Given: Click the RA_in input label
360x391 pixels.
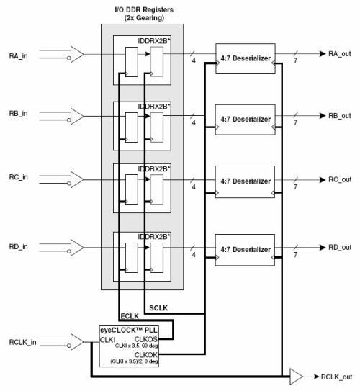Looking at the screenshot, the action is point(18,56).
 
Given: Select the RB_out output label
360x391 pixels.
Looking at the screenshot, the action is point(340,116).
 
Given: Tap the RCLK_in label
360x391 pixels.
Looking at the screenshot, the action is point(22,342).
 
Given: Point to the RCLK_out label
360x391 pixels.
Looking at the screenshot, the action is point(336,377).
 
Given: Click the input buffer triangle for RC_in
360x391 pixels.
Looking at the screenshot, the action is point(77,179).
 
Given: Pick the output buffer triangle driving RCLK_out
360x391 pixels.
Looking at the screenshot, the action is point(296,377).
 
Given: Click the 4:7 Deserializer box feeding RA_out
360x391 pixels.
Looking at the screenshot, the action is point(246,58).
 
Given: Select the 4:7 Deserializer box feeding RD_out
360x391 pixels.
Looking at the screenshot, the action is point(245,250).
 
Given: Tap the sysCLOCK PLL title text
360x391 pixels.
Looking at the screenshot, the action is point(129,331).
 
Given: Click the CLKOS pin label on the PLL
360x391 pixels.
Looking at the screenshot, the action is point(146,339).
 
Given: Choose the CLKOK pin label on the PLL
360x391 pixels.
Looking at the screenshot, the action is point(146,355).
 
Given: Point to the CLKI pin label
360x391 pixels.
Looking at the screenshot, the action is point(107,340).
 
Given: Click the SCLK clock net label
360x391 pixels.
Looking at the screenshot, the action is point(158,308).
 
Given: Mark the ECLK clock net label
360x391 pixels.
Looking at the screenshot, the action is point(130,316).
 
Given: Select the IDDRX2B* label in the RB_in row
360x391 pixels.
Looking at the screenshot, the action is point(154,107).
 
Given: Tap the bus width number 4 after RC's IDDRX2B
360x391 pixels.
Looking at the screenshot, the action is point(194,187).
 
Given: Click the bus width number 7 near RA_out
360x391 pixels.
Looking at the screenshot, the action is point(295,60).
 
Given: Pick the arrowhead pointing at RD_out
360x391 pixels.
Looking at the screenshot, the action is point(323,248).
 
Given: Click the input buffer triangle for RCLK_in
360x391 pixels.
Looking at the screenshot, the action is point(77,342).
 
